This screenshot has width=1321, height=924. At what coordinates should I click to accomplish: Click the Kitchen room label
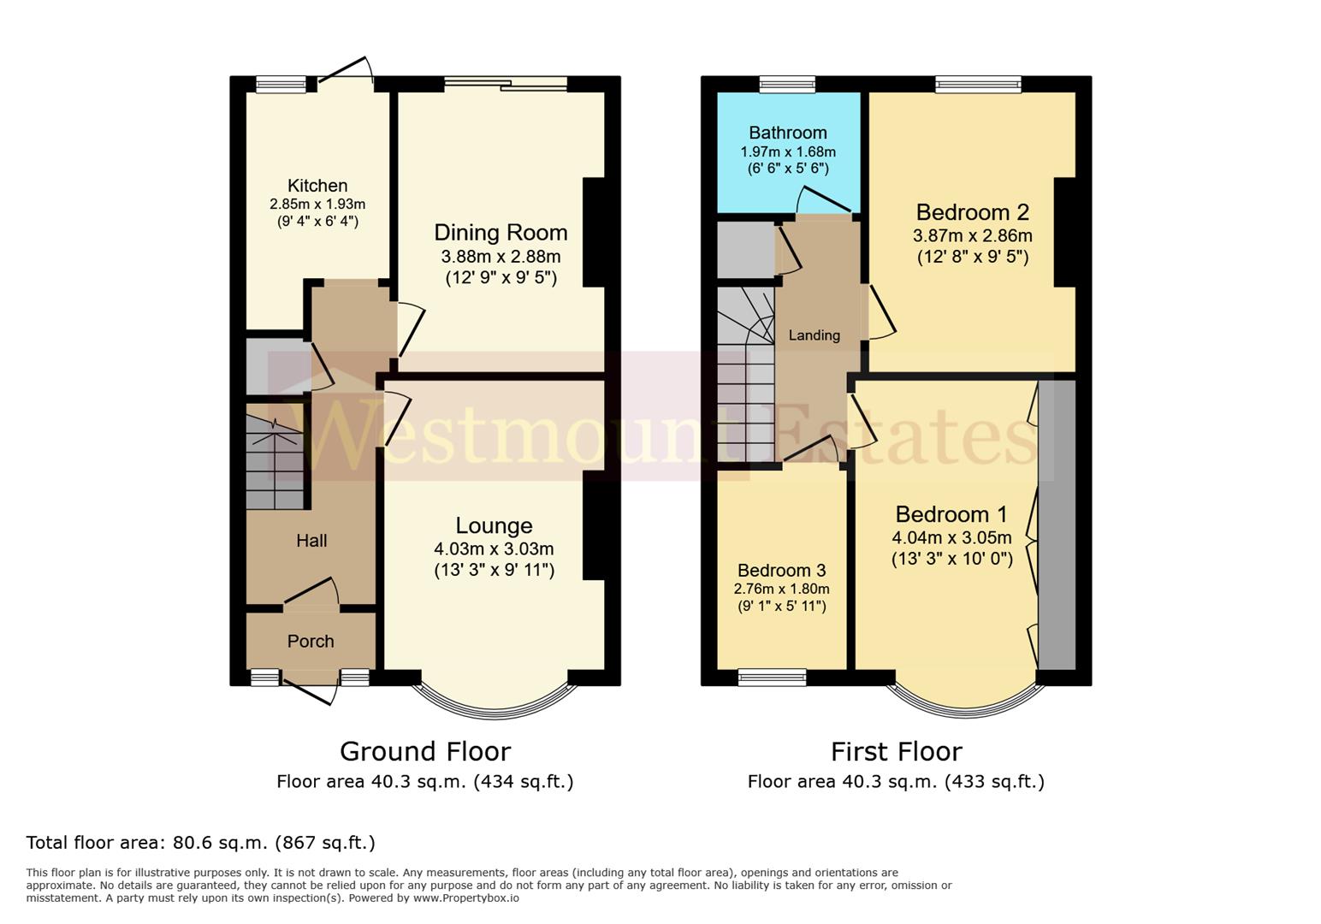pyautogui.click(x=317, y=186)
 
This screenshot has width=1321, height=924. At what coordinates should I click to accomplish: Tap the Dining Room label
pyautogui.click(x=501, y=233)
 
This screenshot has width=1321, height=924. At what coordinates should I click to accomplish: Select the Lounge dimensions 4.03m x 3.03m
pyautogui.click(x=494, y=549)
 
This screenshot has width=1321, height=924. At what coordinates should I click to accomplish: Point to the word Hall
pyautogui.click(x=311, y=541)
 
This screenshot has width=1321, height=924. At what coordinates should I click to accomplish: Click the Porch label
pyautogui.click(x=311, y=642)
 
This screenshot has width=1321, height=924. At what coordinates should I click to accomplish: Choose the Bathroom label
pyautogui.click(x=787, y=133)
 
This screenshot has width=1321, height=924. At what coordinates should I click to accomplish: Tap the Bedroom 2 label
pyautogui.click(x=972, y=212)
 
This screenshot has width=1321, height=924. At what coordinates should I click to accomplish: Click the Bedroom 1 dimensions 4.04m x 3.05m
pyautogui.click(x=951, y=538)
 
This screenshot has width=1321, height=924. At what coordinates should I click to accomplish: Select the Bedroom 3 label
pyautogui.click(x=781, y=571)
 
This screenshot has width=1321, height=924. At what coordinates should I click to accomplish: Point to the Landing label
pyautogui.click(x=814, y=335)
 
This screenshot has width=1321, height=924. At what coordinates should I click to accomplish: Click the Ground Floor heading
pyautogui.click(x=425, y=751)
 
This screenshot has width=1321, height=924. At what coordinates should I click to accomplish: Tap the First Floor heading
pyautogui.click(x=896, y=751)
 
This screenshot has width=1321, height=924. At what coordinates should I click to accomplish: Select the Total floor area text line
pyautogui.click(x=201, y=843)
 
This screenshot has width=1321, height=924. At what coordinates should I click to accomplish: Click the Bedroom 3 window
pyautogui.click(x=772, y=678)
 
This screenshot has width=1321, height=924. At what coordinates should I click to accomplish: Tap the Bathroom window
pyautogui.click(x=787, y=84)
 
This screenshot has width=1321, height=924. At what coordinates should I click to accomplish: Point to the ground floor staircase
pyautogui.click(x=275, y=462)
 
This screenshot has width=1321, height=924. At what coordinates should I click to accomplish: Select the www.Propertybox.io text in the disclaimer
pyautogui.click(x=465, y=898)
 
